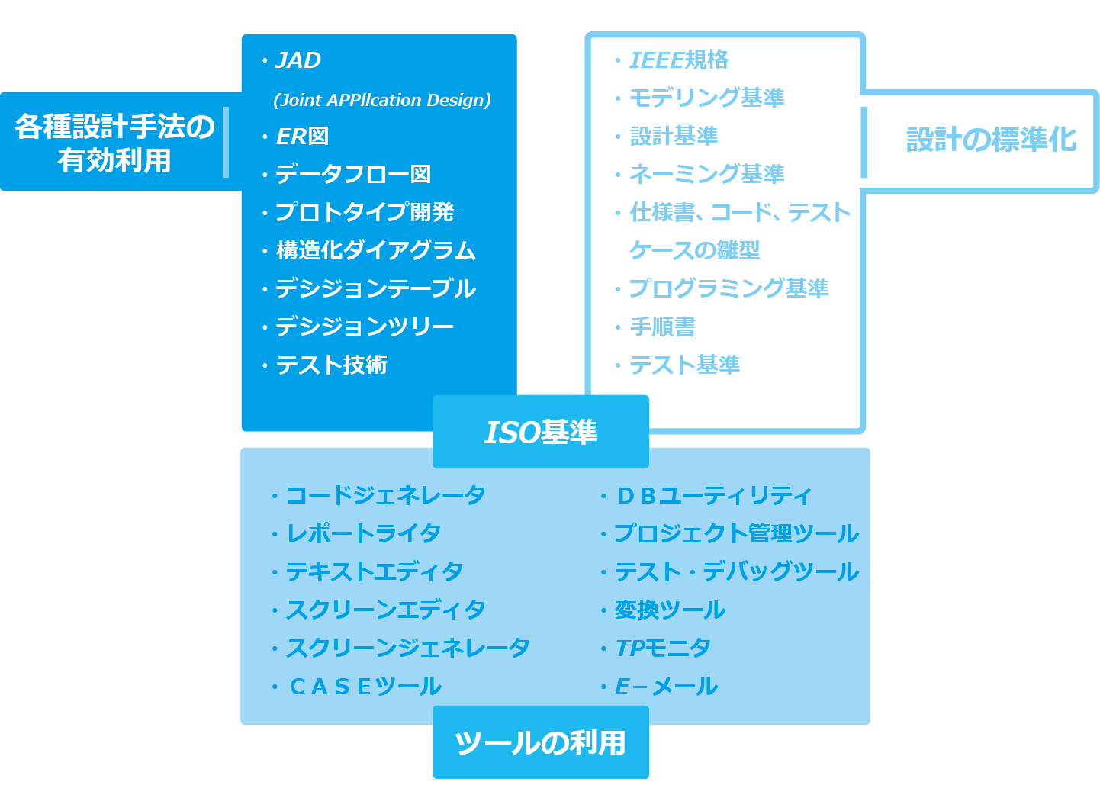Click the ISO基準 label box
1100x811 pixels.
click(540, 432)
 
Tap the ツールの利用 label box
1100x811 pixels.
click(540, 742)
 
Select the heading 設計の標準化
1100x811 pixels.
click(990, 140)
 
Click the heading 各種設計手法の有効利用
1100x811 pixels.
click(114, 143)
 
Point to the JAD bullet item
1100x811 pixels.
click(298, 60)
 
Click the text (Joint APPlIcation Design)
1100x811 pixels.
click(382, 100)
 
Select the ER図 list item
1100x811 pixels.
click(302, 137)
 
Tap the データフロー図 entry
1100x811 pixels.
click(353, 175)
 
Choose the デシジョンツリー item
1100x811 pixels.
click(365, 327)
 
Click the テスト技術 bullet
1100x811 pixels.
click(332, 365)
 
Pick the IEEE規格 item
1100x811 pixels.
click(679, 60)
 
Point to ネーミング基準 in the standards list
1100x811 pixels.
click(706, 175)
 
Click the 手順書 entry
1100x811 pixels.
click(662, 327)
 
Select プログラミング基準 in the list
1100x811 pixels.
click(729, 289)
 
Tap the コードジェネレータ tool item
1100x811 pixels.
click(385, 496)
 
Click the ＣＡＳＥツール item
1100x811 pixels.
click(365, 687)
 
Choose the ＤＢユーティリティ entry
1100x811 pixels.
click(714, 496)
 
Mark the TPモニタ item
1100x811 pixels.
click(663, 648)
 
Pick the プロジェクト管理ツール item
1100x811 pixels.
click(736, 534)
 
